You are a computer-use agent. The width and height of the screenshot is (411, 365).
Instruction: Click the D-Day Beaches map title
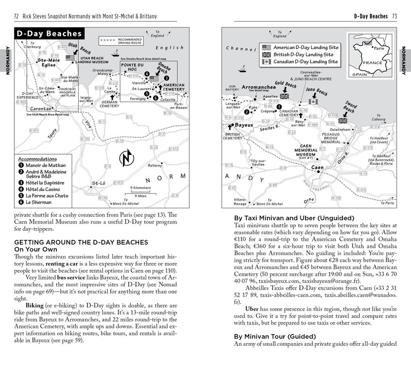[49, 34]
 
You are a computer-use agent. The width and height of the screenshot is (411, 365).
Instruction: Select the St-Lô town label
[98, 183]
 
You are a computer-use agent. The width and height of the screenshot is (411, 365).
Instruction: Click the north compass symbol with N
[125, 159]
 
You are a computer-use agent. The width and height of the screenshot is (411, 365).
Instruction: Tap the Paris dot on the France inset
[370, 49]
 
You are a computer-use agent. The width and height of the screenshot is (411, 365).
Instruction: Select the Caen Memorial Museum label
[313, 150]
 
